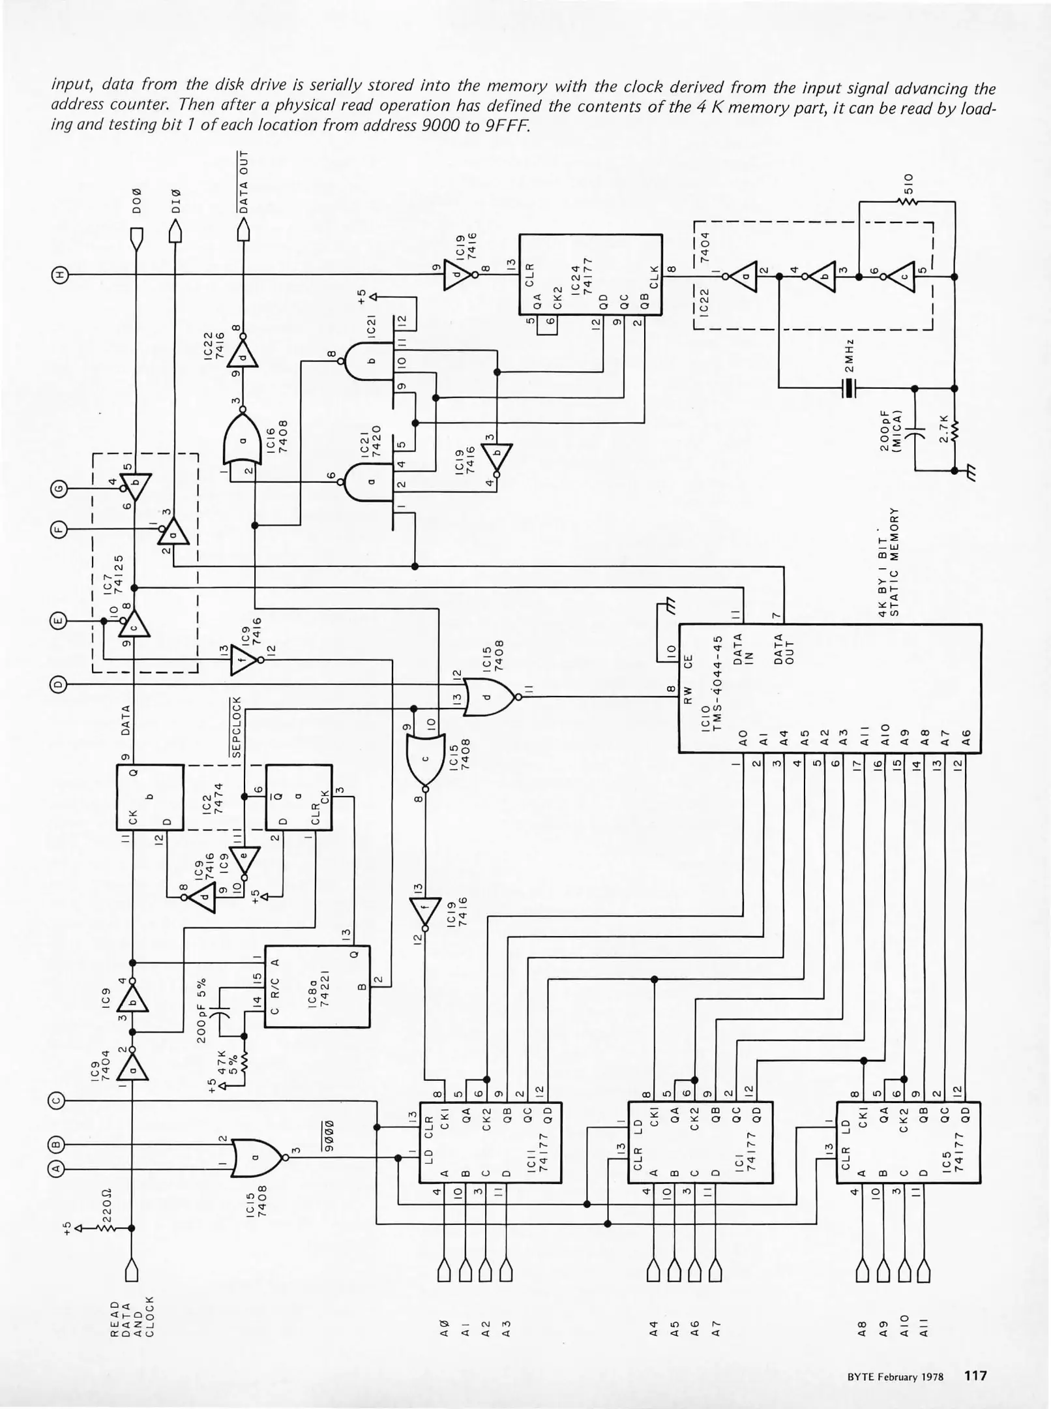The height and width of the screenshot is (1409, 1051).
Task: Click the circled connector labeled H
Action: coord(59,275)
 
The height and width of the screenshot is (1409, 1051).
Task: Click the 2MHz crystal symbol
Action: coord(848,389)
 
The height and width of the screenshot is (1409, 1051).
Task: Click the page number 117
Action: coord(975,1376)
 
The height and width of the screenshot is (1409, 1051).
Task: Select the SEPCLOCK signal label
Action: coord(237,727)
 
